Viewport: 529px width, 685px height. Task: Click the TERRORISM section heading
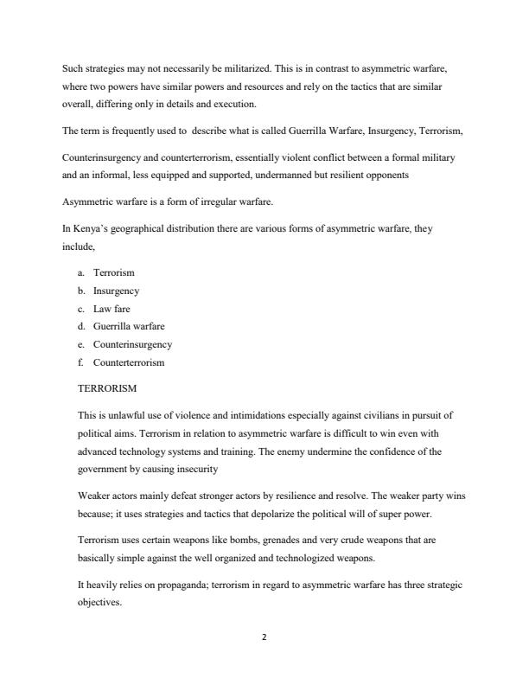click(107, 389)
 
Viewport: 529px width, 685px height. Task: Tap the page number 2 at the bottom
click(264, 637)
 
